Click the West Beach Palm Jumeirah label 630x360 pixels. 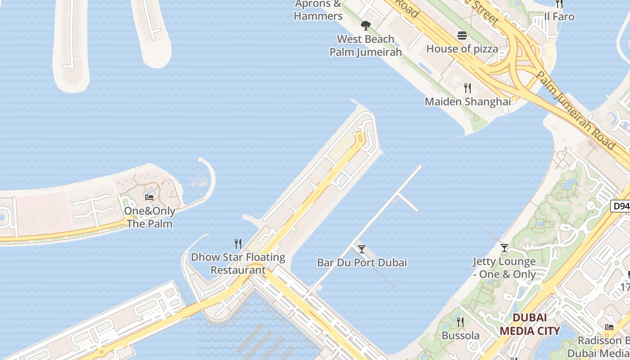(x=365, y=45)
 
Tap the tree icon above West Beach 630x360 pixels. (x=365, y=25)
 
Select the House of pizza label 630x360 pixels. (x=462, y=49)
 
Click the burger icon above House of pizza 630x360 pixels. (x=462, y=36)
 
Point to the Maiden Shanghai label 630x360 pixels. (x=468, y=102)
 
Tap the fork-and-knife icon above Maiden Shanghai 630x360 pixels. (x=468, y=88)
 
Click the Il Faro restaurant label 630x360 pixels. (x=559, y=17)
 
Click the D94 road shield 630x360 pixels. (x=621, y=206)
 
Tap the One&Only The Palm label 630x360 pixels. (x=149, y=217)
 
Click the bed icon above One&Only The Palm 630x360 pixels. (x=149, y=197)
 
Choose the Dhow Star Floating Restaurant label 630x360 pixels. (x=238, y=264)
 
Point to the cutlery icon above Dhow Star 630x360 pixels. (x=238, y=244)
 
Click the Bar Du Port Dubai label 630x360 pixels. (x=362, y=262)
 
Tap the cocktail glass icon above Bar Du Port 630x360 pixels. (x=361, y=249)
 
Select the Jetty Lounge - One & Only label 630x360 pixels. (x=504, y=268)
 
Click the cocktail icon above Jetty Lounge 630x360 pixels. (x=504, y=248)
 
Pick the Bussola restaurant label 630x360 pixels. (x=460, y=336)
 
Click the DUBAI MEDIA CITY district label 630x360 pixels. (x=530, y=324)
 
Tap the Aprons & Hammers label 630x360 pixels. (x=318, y=10)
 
